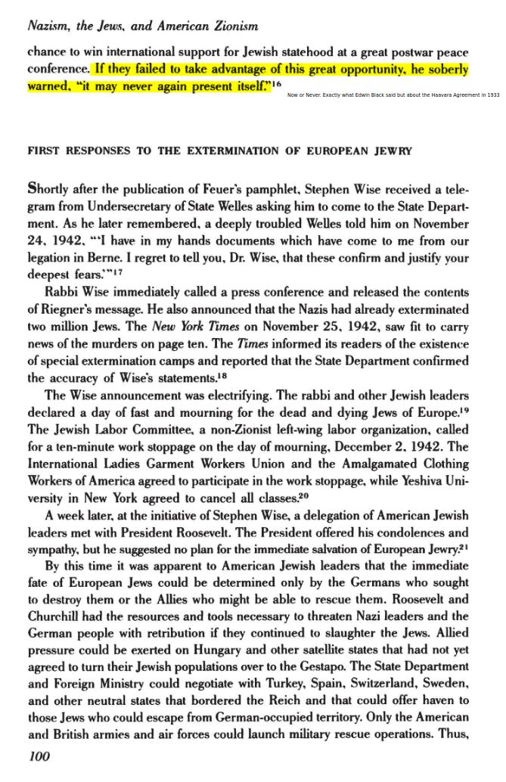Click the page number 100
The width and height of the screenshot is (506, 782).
(x=39, y=756)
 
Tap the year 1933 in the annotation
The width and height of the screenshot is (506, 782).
(x=492, y=95)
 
